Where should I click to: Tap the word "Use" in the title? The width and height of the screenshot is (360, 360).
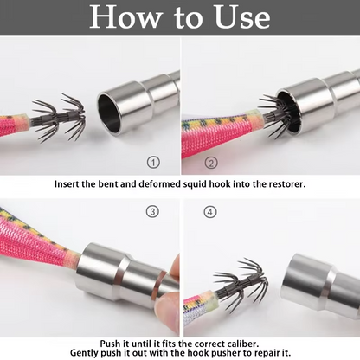point(242,17)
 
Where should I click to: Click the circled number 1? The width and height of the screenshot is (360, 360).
point(153,163)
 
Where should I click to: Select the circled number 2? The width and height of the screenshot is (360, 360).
point(211,164)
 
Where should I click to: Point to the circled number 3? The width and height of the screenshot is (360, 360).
point(152,212)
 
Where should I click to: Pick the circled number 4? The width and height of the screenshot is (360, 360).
point(210,212)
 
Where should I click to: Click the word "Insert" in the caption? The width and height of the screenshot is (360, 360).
point(67,184)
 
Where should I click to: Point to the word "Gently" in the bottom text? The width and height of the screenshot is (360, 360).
point(84,353)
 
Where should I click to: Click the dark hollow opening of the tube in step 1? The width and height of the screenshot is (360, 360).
point(110,112)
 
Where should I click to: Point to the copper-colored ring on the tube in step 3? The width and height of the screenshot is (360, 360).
point(158,287)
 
